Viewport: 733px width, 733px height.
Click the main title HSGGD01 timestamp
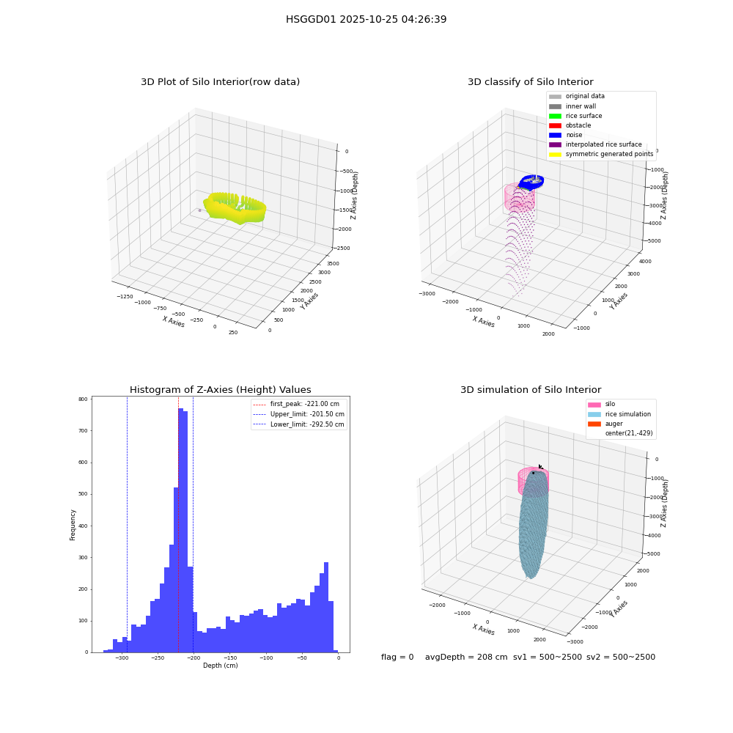pos(366,19)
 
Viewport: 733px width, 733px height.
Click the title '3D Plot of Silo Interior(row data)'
pos(220,82)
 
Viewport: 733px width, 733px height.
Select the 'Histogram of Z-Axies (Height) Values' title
pos(220,389)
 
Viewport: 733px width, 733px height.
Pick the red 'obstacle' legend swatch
pos(555,126)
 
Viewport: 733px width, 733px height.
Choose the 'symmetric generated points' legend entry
pos(601,154)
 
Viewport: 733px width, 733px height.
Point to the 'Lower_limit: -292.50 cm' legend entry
pos(299,424)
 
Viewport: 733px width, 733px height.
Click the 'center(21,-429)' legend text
pos(629,433)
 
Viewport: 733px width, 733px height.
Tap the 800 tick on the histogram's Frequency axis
pos(84,399)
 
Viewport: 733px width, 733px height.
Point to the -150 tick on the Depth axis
pos(229,658)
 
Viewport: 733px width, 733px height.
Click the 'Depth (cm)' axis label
pos(221,666)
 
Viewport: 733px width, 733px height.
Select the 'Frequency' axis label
pos(73,525)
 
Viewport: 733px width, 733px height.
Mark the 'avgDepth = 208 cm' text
pos(466,657)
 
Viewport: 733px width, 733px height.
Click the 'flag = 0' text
pos(397,657)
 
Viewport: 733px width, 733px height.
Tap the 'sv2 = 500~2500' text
pos(621,657)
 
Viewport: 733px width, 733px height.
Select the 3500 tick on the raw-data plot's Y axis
pos(333,264)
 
